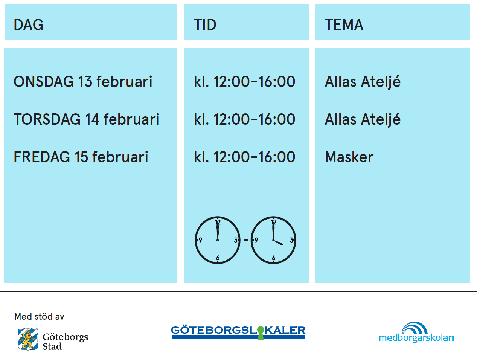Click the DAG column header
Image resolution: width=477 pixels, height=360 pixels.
tap(29, 25)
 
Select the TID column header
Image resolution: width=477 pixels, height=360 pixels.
tap(205, 25)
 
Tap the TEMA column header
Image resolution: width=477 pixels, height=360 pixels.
tap(344, 25)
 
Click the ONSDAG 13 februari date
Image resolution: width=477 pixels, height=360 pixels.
tap(83, 82)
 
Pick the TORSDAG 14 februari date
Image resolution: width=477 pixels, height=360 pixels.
tap(87, 119)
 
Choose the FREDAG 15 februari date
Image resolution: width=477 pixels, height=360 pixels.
tap(81, 157)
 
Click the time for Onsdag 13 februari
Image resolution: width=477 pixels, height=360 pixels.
tap(244, 82)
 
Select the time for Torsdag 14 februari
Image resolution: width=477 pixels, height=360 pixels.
tap(244, 119)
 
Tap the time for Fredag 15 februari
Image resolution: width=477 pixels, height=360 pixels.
tap(244, 157)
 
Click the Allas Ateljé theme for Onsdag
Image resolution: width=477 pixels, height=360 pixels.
tap(363, 82)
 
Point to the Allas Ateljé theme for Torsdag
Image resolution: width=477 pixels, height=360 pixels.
tap(363, 120)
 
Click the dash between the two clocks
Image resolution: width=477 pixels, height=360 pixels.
tap(245, 240)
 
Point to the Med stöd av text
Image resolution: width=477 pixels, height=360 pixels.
tap(39, 317)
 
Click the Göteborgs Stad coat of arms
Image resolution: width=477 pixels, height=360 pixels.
tap(28, 339)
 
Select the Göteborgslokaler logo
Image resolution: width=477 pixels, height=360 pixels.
tap(238, 333)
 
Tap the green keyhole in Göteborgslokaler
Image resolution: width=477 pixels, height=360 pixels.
tap(261, 333)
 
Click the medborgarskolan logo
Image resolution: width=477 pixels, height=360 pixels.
tap(416, 333)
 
